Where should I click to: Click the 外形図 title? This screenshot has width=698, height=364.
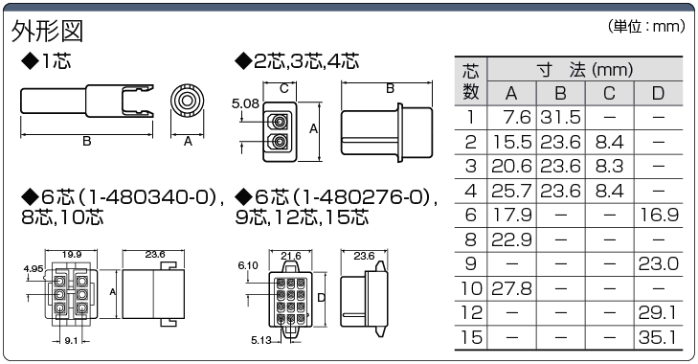point(47,32)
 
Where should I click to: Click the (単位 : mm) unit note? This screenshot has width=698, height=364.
point(646,26)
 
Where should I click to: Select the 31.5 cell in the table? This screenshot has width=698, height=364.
point(560,118)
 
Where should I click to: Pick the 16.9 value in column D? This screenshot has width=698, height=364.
point(659,216)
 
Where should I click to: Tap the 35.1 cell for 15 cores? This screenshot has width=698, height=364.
point(659,337)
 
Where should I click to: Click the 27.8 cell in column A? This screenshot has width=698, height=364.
point(511,288)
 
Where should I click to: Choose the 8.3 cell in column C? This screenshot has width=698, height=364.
point(609,167)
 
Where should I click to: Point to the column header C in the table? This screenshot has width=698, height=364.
point(609,93)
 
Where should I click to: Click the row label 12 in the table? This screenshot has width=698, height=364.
point(471,313)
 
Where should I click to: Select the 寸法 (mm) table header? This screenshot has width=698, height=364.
point(585,70)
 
